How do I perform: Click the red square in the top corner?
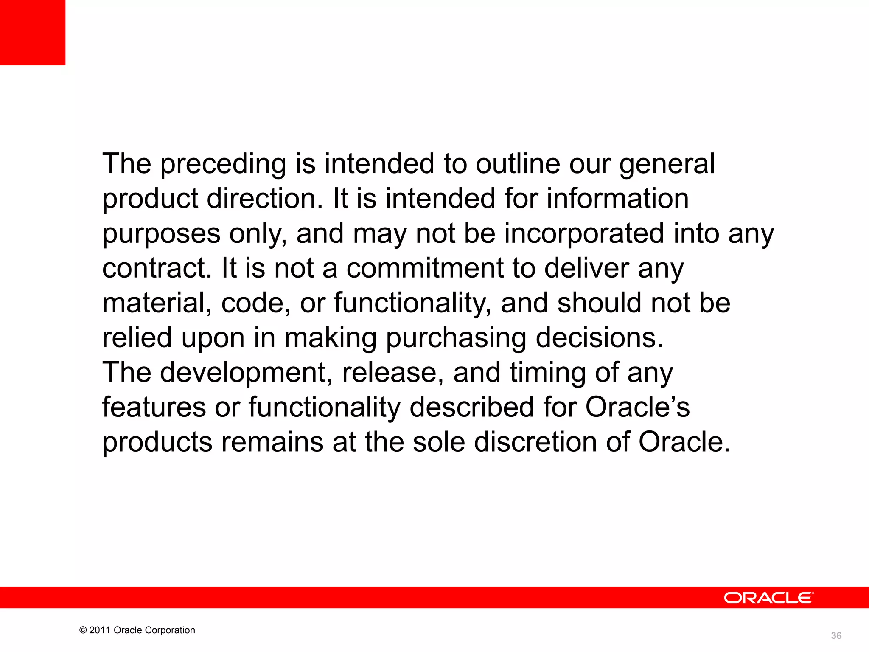33,32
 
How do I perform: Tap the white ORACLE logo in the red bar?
768,598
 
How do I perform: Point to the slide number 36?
836,635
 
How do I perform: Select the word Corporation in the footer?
171,630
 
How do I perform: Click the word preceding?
223,165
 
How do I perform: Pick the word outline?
518,164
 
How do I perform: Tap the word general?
667,165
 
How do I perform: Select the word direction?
265,199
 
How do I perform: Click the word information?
617,199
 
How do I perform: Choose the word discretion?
535,442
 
